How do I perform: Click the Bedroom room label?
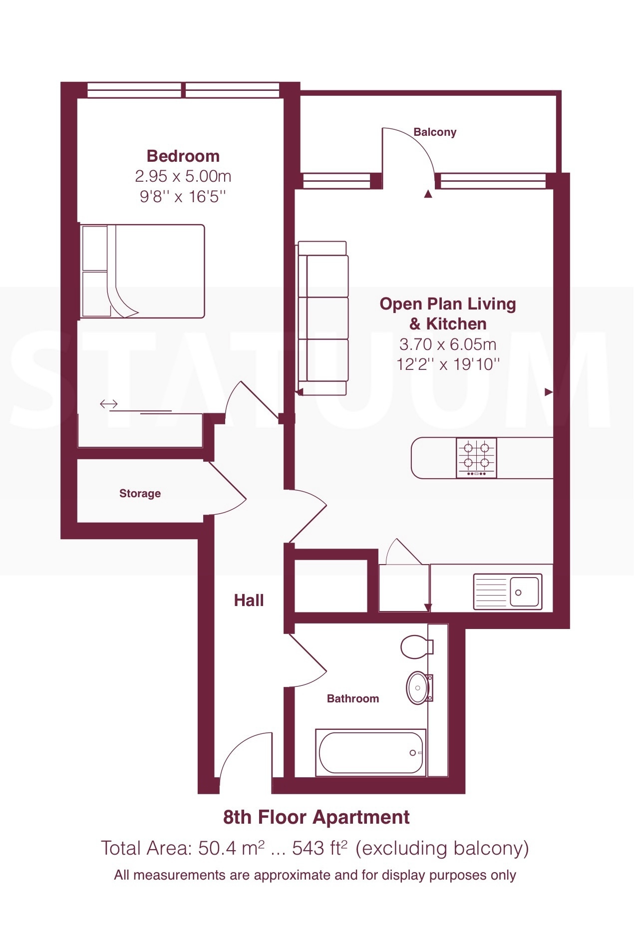(x=183, y=156)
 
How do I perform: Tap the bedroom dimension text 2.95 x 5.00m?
(x=183, y=176)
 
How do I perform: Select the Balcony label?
(x=435, y=132)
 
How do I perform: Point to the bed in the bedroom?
(x=143, y=271)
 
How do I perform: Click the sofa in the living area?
(x=322, y=318)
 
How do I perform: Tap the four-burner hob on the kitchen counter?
(x=476, y=458)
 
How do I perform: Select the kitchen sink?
(x=508, y=592)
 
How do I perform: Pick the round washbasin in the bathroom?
(x=418, y=687)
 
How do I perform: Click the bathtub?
(x=370, y=752)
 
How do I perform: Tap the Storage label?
(x=140, y=494)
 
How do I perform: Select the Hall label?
(x=249, y=600)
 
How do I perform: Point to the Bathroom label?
(x=352, y=699)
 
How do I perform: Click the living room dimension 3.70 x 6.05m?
(x=448, y=344)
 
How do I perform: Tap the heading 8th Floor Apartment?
(x=316, y=817)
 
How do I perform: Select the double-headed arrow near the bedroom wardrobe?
(x=108, y=404)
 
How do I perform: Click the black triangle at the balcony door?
(x=428, y=194)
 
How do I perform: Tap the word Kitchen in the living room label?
(x=456, y=324)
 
